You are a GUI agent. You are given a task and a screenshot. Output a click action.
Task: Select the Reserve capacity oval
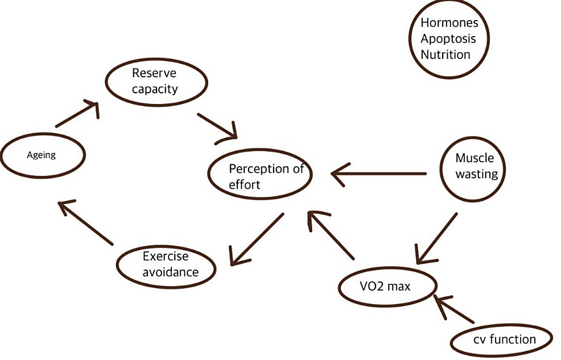coord(154,81)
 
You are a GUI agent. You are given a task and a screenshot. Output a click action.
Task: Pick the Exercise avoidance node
coord(166,264)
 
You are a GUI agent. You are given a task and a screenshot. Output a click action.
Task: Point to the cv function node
coord(502,339)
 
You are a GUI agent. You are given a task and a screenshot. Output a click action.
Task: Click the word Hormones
coord(449,23)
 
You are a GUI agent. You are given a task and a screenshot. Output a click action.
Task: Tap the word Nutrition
coord(445,55)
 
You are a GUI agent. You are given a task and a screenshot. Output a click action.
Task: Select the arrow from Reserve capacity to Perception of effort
coord(217,126)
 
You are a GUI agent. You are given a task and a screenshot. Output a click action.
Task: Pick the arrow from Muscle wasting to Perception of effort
coord(379,173)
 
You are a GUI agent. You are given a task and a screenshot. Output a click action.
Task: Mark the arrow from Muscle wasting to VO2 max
coord(436,238)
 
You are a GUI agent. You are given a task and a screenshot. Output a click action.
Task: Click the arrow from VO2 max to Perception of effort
coord(332,234)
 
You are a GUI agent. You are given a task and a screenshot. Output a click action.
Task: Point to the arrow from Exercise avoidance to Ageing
coord(86,223)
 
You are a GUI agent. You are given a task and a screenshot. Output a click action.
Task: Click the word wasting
coord(477,174)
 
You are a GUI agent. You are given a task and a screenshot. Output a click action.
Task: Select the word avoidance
coord(171,272)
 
